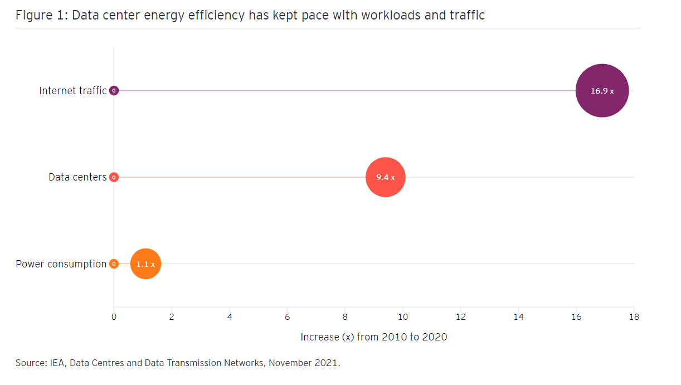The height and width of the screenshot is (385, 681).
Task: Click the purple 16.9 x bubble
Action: [602, 91]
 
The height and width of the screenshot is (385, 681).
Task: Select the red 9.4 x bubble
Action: [385, 177]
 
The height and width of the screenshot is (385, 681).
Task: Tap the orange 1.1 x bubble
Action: [145, 264]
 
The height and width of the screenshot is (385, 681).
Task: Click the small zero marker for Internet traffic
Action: [114, 90]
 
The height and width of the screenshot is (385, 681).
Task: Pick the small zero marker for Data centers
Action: [114, 177]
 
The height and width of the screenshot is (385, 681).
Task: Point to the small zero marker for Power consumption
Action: [114, 264]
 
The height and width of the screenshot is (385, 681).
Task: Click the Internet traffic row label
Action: [72, 90]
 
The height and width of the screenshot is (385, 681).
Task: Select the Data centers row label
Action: [77, 177]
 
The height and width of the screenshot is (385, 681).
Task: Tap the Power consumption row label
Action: [61, 264]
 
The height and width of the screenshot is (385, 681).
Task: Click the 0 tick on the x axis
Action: [114, 317]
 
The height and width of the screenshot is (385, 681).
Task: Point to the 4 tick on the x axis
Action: [230, 317]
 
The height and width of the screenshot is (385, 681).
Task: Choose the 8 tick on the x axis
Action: [345, 317]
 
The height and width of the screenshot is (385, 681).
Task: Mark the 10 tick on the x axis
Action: [402, 317]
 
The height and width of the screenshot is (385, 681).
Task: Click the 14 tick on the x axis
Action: [518, 317]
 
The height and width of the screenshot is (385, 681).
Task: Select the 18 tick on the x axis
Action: [634, 317]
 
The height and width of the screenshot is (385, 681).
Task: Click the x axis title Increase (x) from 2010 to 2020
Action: [373, 337]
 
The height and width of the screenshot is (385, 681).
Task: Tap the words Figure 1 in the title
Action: [40, 16]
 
